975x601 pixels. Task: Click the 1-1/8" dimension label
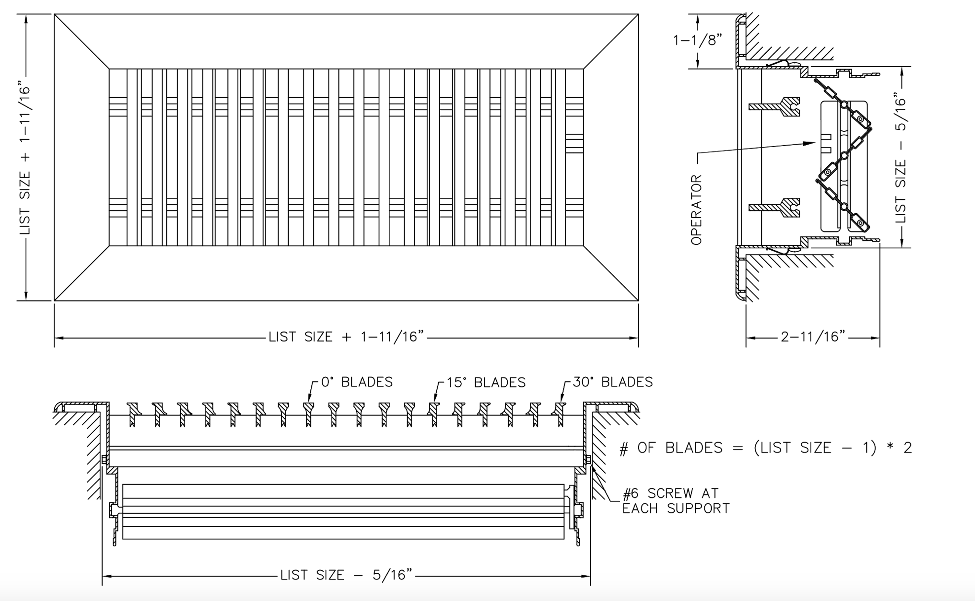tap(697, 40)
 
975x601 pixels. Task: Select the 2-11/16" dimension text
tap(813, 337)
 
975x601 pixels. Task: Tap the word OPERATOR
tap(696, 210)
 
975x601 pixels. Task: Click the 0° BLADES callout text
tap(357, 382)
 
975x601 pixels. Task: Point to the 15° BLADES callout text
tap(486, 383)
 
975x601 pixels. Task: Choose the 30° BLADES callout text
tap(612, 382)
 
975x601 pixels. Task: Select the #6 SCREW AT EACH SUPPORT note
tap(675, 501)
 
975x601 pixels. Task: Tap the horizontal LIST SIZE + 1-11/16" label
tap(346, 337)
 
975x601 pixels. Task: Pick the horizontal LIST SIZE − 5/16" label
tap(346, 575)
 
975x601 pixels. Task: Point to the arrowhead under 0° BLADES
tap(310, 400)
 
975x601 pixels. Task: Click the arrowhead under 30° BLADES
tap(562, 400)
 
